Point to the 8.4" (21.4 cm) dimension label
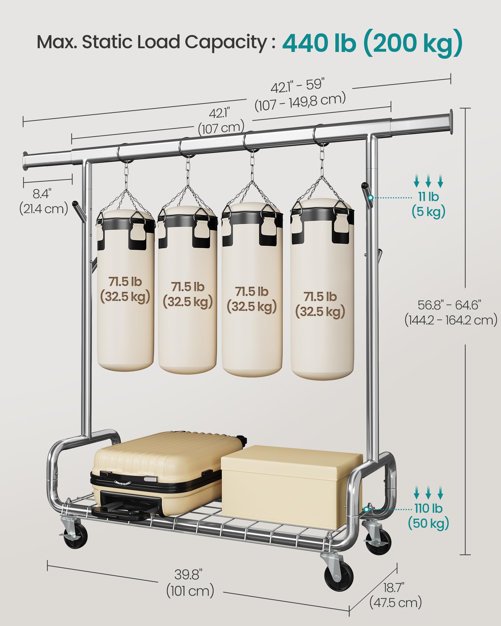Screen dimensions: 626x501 43,201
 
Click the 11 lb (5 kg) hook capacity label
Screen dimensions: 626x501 428,204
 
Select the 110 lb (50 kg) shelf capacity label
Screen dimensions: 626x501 428,516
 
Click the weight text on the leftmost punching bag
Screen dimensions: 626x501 125,289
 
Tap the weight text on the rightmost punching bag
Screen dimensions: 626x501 320,304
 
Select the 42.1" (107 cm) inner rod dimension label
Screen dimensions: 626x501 221,121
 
